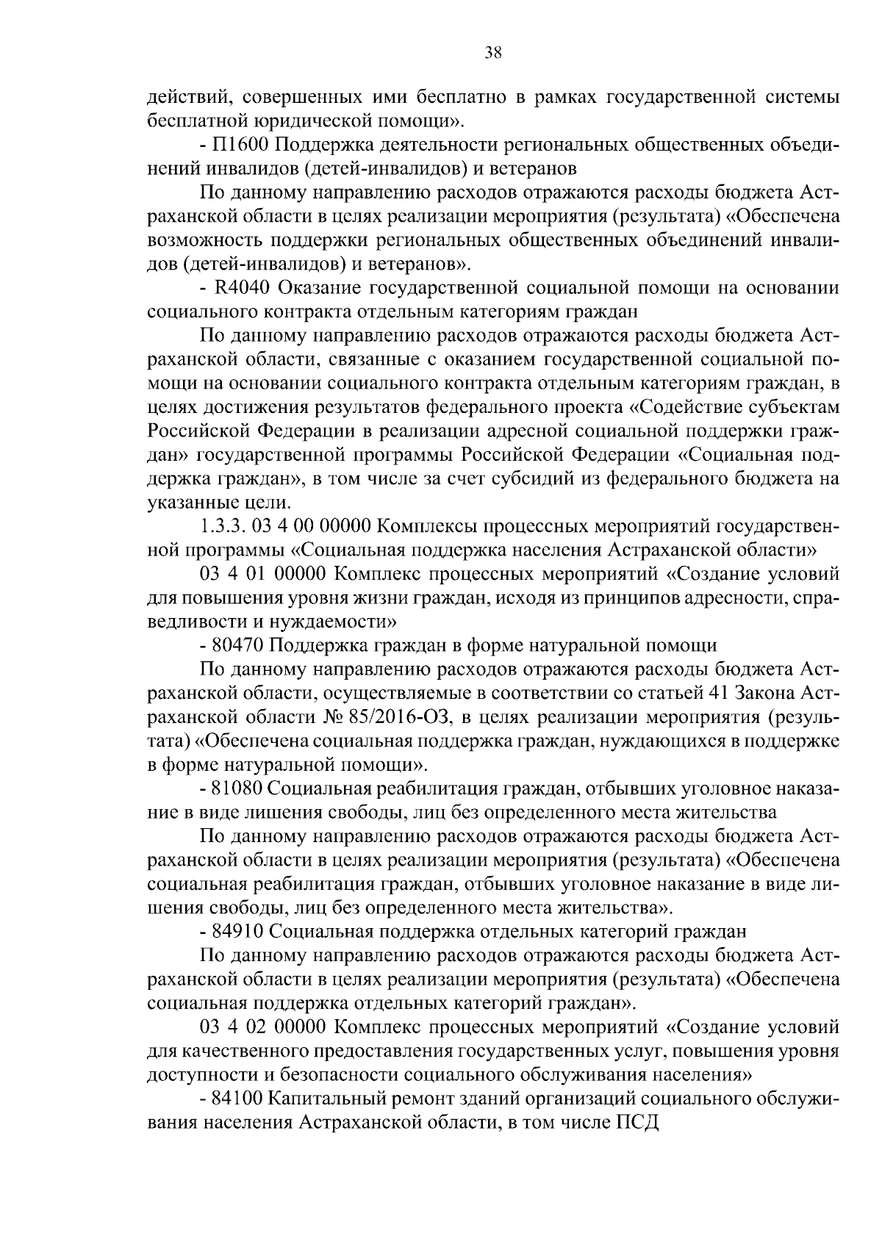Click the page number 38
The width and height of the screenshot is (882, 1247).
point(493,52)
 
